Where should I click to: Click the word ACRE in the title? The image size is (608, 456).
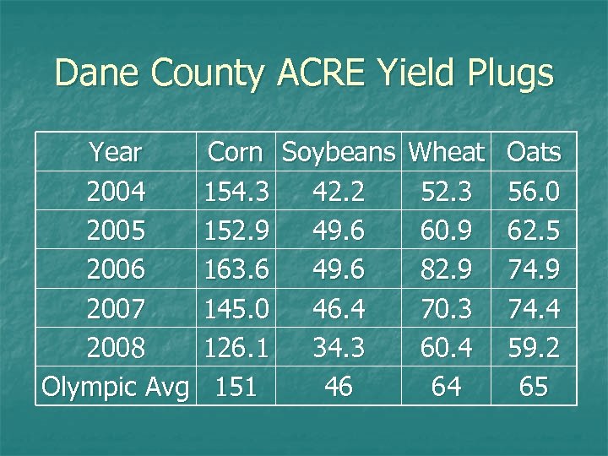pyautogui.click(x=322, y=73)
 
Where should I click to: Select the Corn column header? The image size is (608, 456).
pyautogui.click(x=235, y=153)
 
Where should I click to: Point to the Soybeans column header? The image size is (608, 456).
pyautogui.click(x=339, y=153)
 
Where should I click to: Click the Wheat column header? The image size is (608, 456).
pyautogui.click(x=446, y=153)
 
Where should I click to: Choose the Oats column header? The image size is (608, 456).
pyautogui.click(x=534, y=153)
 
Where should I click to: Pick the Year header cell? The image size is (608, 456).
pyautogui.click(x=116, y=153)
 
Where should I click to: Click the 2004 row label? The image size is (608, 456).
pyautogui.click(x=117, y=192)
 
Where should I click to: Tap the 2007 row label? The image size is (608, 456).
pyautogui.click(x=117, y=308)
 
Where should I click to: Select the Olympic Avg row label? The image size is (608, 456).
pyautogui.click(x=115, y=388)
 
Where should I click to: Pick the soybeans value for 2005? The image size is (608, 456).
pyautogui.click(x=339, y=231)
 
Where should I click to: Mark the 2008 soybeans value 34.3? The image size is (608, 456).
pyautogui.click(x=339, y=347)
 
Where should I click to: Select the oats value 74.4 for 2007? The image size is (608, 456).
pyautogui.click(x=534, y=308)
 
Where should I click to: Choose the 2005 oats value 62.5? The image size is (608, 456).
pyautogui.click(x=534, y=231)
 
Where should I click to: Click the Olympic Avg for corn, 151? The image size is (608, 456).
pyautogui.click(x=237, y=387)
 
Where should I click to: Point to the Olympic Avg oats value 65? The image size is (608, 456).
pyautogui.click(x=534, y=387)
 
